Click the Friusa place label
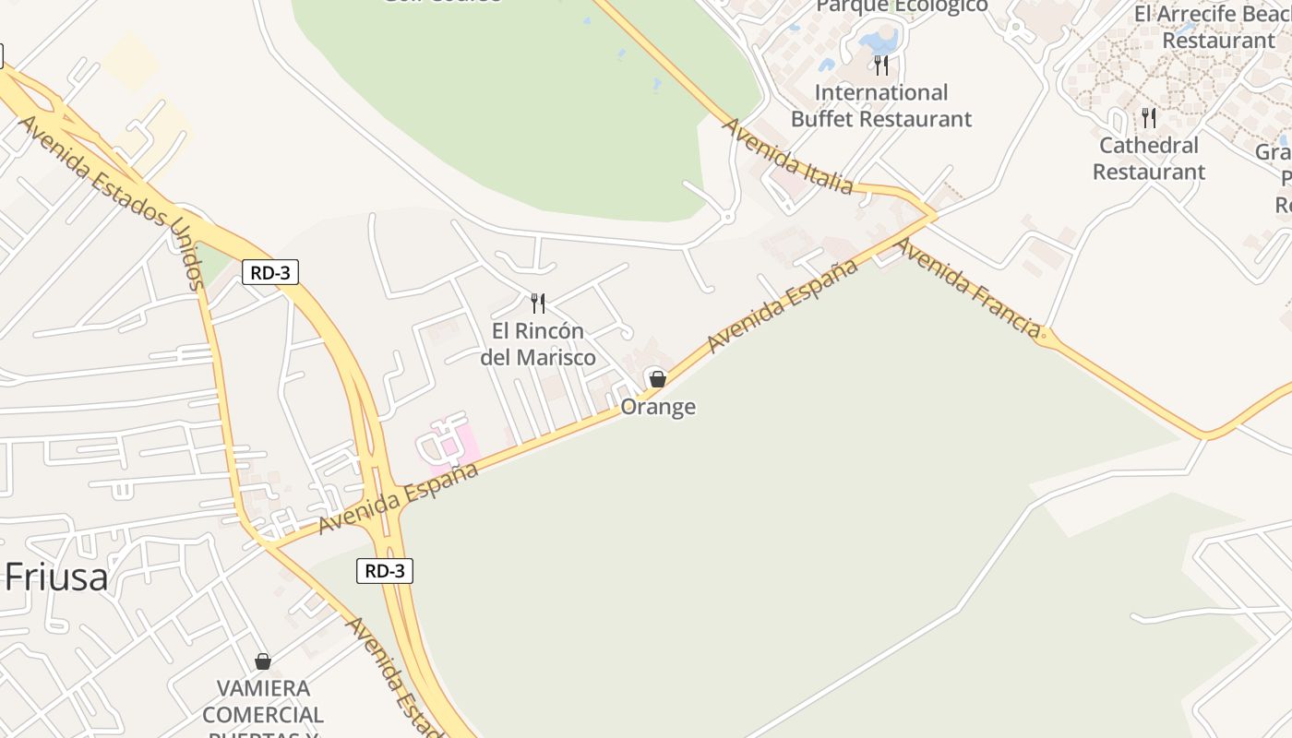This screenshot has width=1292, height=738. click(x=56, y=577)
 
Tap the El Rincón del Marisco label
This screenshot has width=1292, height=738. click(x=538, y=344)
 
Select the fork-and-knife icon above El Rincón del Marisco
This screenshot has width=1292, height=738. click(x=538, y=303)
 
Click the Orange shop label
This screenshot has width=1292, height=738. click(x=658, y=407)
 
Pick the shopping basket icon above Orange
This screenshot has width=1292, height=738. click(x=657, y=379)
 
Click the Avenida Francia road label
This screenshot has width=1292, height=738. click(x=969, y=287)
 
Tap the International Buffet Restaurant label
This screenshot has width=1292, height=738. click(x=881, y=106)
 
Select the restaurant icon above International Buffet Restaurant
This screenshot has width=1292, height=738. click(x=881, y=65)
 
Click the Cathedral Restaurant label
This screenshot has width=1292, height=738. click(x=1149, y=159)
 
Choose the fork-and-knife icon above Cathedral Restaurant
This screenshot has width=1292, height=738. click(x=1149, y=117)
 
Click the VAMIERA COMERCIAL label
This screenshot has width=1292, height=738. click(x=263, y=702)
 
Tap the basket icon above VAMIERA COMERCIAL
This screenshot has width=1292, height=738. click(x=263, y=661)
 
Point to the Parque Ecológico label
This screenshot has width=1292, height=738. click(x=902, y=7)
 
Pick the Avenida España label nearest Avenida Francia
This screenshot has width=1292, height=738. click(x=783, y=305)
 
